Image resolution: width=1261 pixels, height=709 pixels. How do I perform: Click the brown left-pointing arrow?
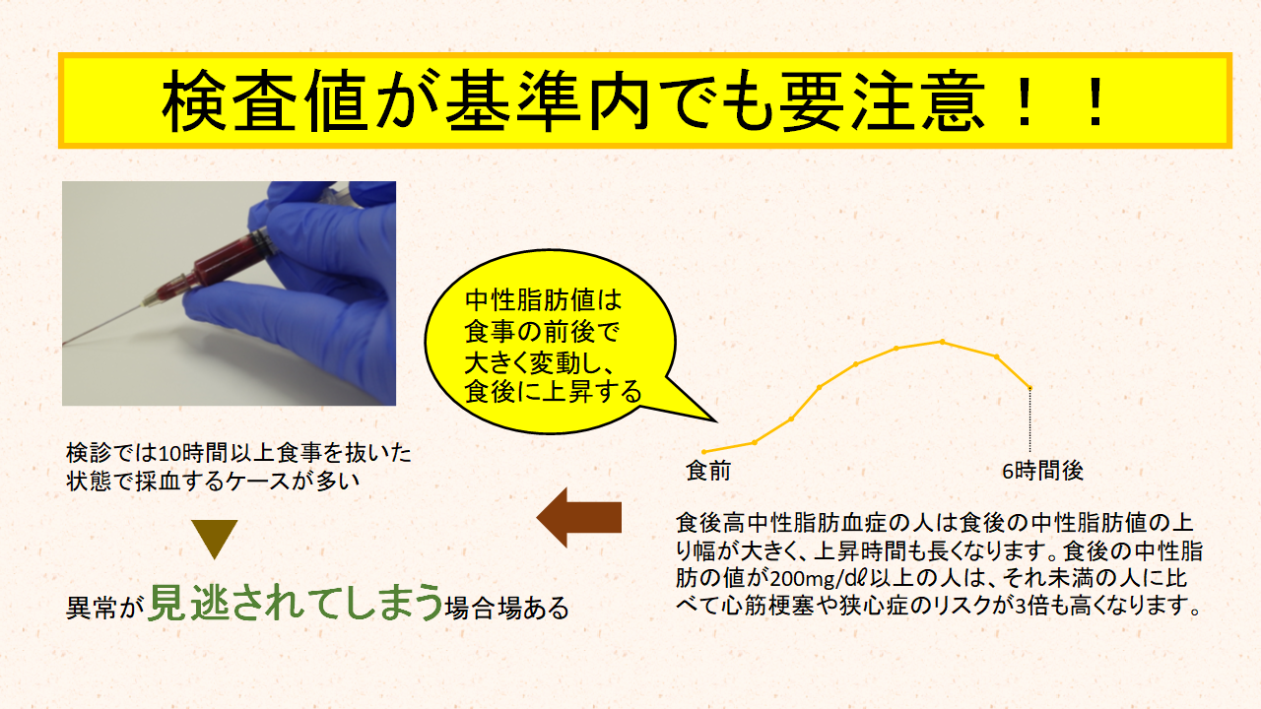pyautogui.click(x=579, y=518)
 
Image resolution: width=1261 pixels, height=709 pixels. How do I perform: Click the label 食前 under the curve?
pyautogui.click(x=708, y=471)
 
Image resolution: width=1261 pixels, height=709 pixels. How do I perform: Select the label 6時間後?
pyautogui.click(x=1042, y=471)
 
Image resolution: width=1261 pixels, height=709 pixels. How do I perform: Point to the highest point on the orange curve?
pyautogui.click(x=943, y=342)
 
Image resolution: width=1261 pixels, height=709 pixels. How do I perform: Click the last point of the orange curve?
pyautogui.click(x=1030, y=388)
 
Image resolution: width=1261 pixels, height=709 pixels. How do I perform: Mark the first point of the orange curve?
pyautogui.click(x=703, y=452)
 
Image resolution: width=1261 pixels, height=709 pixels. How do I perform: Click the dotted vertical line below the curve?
pyautogui.click(x=1030, y=420)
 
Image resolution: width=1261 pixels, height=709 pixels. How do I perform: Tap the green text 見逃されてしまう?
pyautogui.click(x=296, y=602)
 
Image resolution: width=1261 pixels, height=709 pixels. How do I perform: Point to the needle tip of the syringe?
pyautogui.click(x=64, y=345)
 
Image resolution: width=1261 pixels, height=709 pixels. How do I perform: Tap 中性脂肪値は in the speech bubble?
pyautogui.click(x=543, y=300)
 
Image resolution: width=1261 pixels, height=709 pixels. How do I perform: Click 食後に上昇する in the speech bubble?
pyautogui.click(x=553, y=392)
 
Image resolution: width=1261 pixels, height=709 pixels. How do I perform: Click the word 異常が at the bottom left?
pyautogui.click(x=101, y=608)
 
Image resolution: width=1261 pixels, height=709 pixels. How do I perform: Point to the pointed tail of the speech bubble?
pyautogui.click(x=715, y=420)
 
